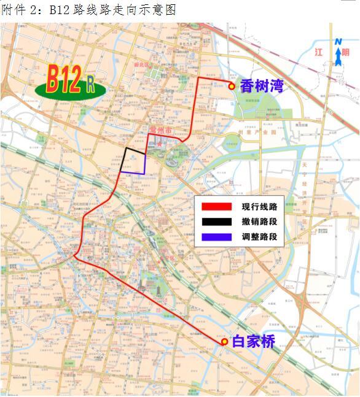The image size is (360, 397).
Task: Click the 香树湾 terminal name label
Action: pos(261,86)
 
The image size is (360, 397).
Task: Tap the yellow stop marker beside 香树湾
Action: pos(232,87)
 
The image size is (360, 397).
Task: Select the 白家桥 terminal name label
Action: pos(253,342)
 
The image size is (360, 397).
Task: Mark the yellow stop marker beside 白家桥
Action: pos(225,342)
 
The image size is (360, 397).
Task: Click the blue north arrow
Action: pos(338,57)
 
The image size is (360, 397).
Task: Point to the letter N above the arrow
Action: pos(338,42)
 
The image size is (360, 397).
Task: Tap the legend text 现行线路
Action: pos(259,207)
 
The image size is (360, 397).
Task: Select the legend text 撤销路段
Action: pos(259,222)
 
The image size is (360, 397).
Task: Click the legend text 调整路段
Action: pos(259,236)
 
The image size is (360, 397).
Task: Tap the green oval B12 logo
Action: pos(70,83)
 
